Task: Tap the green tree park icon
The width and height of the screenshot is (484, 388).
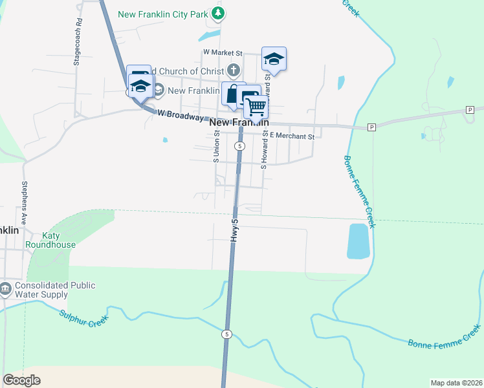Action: click(219, 13)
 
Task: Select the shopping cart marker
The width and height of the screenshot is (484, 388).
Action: click(256, 107)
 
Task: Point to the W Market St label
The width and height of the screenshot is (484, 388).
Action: click(222, 54)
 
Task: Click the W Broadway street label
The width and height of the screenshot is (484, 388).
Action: click(181, 115)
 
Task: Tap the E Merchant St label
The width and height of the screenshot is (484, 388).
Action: click(292, 136)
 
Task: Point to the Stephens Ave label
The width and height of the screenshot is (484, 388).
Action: click(24, 202)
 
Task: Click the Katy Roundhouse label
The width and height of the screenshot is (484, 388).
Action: click(50, 241)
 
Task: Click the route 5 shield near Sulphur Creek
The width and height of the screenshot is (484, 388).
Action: click(226, 334)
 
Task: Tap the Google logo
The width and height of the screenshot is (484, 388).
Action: click(21, 380)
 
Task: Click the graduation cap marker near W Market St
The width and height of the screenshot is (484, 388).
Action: click(274, 59)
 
